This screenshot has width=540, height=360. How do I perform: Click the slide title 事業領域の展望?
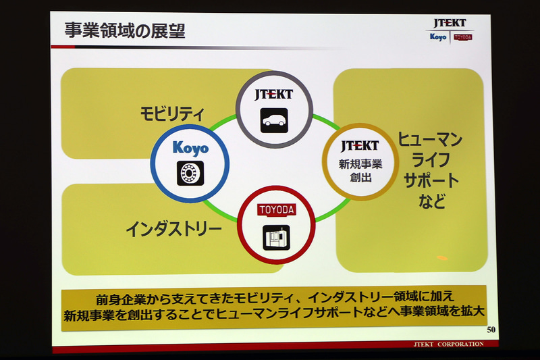pos(125,31)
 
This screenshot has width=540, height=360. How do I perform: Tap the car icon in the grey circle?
pos(274,121)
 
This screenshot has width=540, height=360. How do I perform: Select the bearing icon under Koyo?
pos(190,174)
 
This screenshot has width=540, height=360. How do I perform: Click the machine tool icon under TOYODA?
pos(277,238)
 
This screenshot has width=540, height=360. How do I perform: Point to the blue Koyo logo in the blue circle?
pos(190,148)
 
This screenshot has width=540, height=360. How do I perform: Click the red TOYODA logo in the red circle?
pos(277,210)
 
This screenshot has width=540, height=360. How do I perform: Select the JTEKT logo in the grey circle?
pos(274,95)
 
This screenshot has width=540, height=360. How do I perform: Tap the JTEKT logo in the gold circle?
pos(360,146)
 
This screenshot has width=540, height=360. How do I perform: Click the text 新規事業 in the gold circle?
pos(360,164)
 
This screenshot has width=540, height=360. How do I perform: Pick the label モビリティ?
pos(172,113)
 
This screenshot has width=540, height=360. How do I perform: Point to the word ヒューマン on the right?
pos(430,140)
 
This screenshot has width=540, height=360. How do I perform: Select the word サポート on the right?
pos(431,180)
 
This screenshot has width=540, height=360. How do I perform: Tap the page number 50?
pos(491,330)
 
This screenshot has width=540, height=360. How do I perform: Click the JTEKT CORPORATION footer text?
pos(448,344)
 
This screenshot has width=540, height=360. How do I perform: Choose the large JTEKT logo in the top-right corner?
pos(450,24)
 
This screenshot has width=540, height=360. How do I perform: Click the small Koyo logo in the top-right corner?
pos(438,36)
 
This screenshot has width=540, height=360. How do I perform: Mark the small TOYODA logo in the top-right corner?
pos(463,37)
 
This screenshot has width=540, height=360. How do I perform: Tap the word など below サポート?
pos(432,201)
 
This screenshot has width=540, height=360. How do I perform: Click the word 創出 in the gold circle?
pos(360,178)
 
